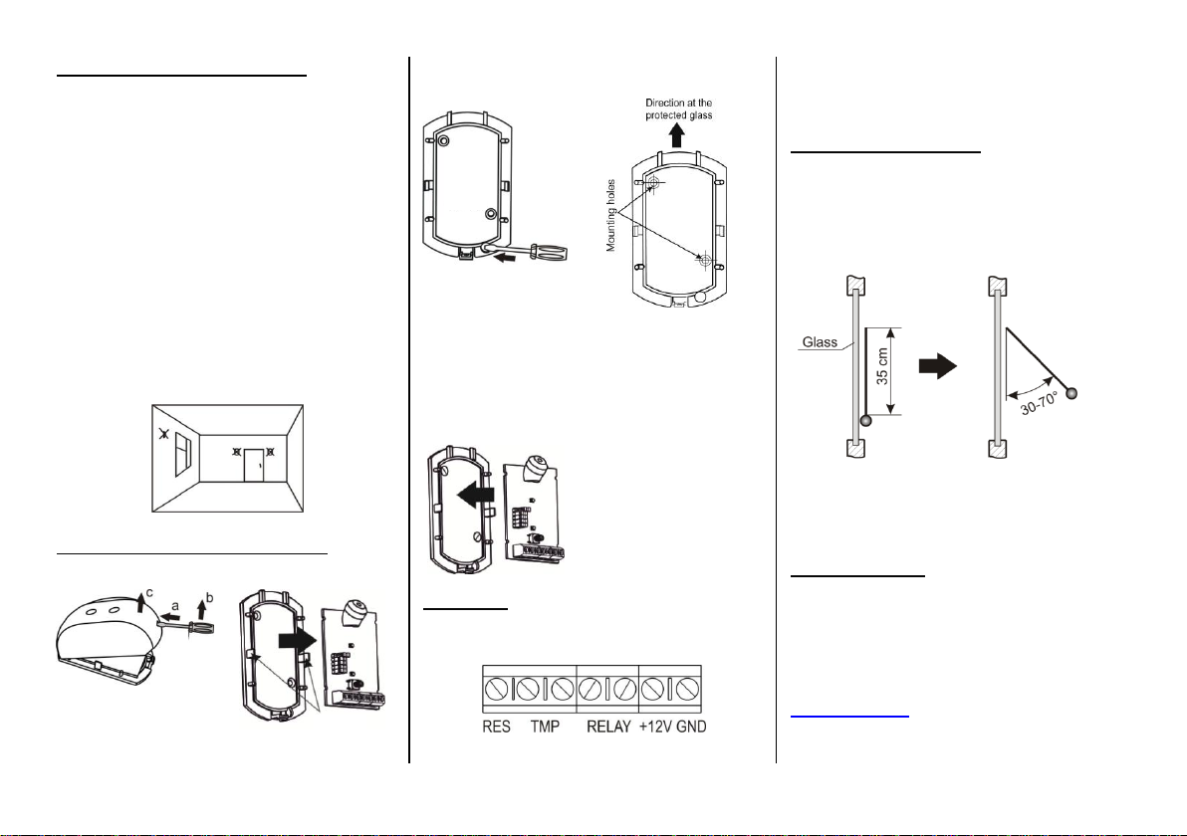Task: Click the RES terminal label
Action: point(497,728)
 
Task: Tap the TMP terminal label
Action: point(545,728)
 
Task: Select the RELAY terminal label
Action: point(608,728)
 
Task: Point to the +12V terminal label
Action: point(655,728)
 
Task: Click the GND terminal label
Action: point(691,728)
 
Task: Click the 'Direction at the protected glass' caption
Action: point(678,108)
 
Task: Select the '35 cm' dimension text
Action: point(882,367)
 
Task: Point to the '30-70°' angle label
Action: point(1041,405)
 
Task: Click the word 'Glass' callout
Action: point(820,342)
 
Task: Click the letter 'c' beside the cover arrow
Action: point(149,593)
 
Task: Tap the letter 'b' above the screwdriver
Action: point(210,598)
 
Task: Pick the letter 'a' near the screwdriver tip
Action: point(175,605)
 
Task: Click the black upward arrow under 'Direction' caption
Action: point(677,135)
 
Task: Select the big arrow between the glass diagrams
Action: point(938,366)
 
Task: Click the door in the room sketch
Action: point(254,465)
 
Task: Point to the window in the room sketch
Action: point(183,454)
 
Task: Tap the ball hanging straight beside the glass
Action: point(866,421)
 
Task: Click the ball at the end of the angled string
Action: point(1071,393)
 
